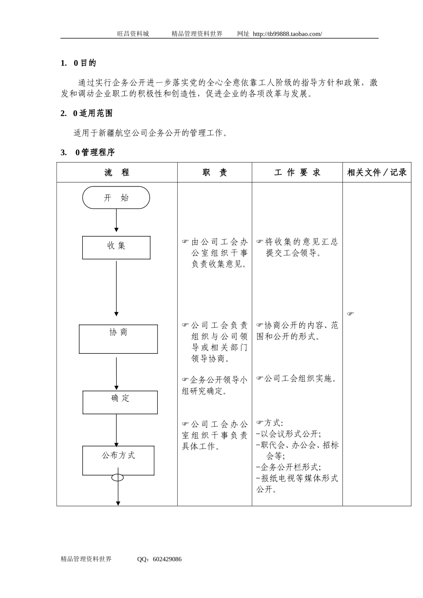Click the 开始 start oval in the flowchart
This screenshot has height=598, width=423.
(x=116, y=198)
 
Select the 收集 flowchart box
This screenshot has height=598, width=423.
(x=116, y=247)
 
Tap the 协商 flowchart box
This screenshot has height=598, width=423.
(x=118, y=339)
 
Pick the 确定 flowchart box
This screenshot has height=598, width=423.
(x=120, y=402)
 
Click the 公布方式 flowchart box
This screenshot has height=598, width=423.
(x=118, y=460)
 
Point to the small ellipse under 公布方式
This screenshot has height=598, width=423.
(x=118, y=477)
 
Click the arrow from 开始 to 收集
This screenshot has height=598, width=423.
(x=116, y=220)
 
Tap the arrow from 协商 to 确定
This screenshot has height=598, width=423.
(x=116, y=373)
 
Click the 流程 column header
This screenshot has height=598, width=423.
(x=117, y=173)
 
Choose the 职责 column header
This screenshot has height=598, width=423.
(x=215, y=173)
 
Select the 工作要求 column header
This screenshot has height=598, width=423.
(x=297, y=173)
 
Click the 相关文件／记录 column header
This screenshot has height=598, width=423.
(x=377, y=173)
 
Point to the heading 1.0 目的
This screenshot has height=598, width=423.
(x=78, y=63)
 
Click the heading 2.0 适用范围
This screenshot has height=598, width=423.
(x=87, y=113)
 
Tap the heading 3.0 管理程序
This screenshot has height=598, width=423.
(x=88, y=153)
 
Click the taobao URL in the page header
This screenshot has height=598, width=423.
(x=287, y=34)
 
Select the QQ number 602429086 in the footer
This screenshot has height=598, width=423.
(x=167, y=559)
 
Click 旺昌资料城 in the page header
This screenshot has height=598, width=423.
(x=133, y=34)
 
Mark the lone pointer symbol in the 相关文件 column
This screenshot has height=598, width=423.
(x=350, y=314)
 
